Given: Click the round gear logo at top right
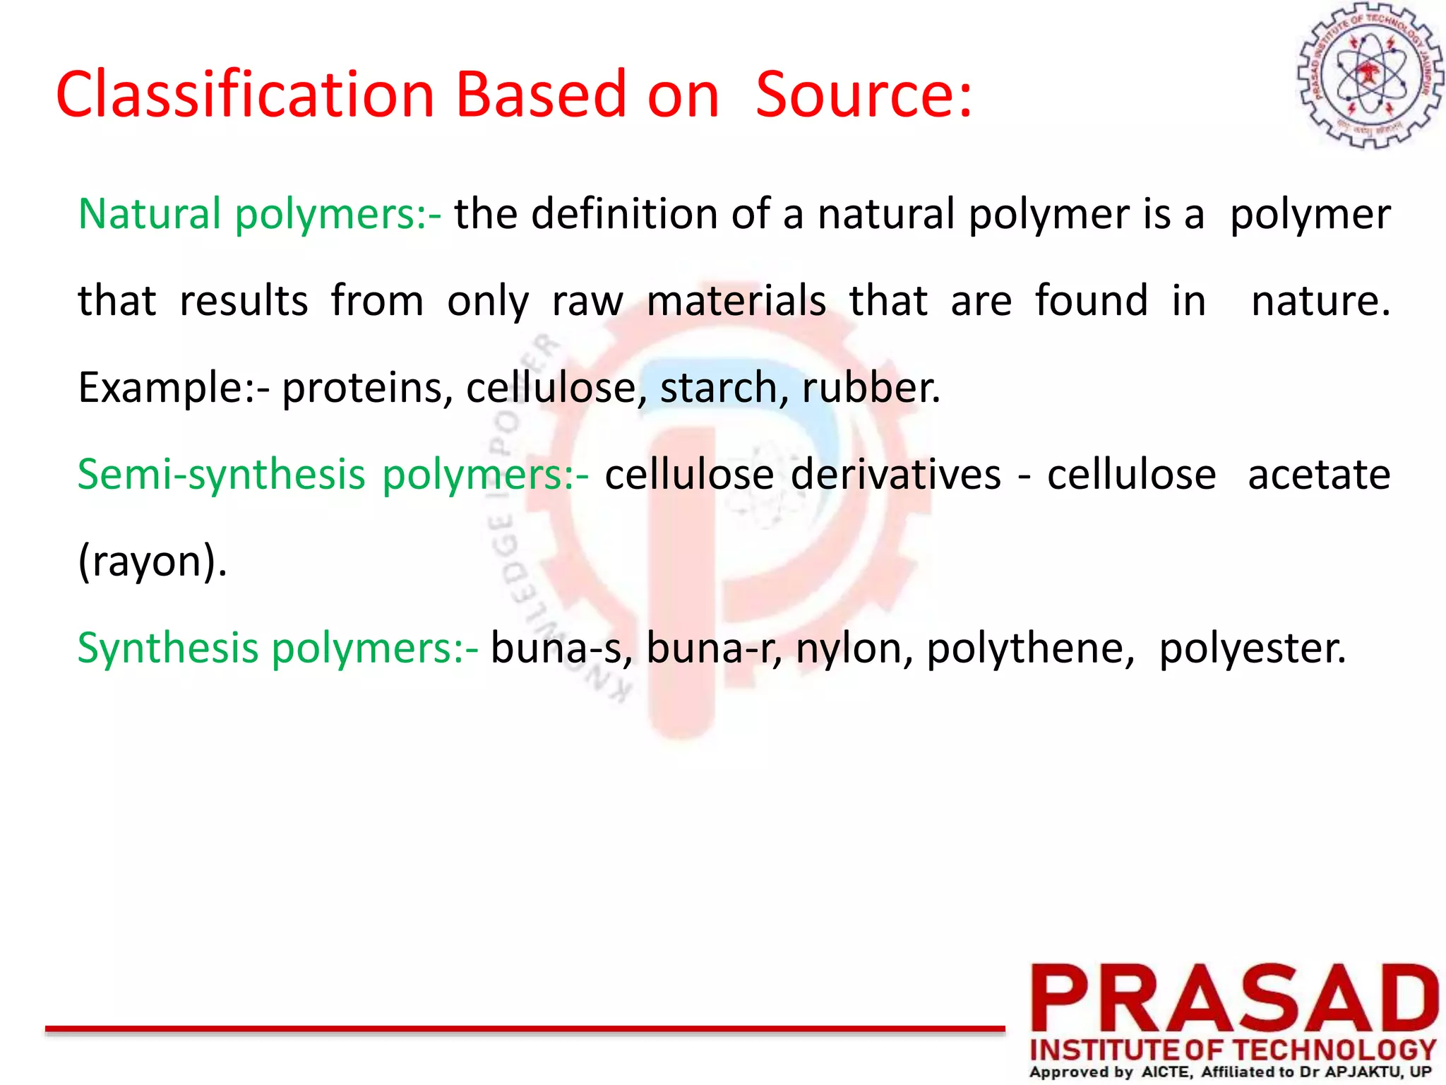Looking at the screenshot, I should click(x=1370, y=76).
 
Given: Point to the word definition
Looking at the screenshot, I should click(x=624, y=213).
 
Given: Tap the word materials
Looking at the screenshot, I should click(x=736, y=301).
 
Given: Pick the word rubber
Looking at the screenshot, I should click(x=871, y=388).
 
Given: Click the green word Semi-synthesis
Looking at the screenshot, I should click(x=221, y=474).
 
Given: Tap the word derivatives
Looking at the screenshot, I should click(x=895, y=474).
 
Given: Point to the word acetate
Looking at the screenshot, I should click(x=1318, y=474).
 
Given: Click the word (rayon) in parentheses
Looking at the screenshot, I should click(x=152, y=562).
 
